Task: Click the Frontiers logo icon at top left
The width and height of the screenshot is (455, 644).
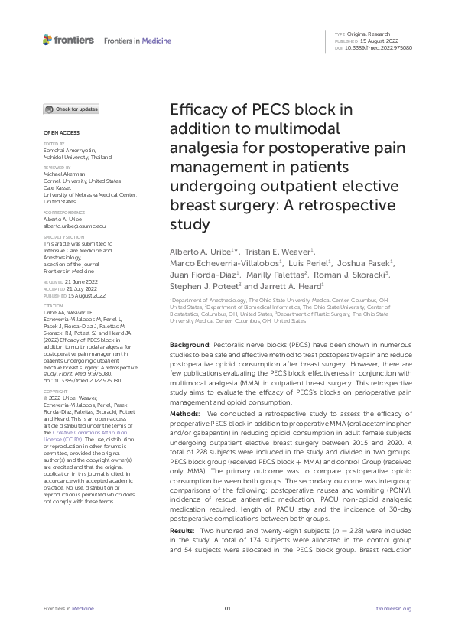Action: [x=47, y=40]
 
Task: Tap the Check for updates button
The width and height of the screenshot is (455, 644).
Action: [x=71, y=109]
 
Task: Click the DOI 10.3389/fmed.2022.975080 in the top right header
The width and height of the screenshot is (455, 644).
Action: [x=379, y=47]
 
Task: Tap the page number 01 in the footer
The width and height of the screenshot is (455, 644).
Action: [x=227, y=608]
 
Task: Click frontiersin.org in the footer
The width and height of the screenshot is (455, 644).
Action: [x=395, y=608]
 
